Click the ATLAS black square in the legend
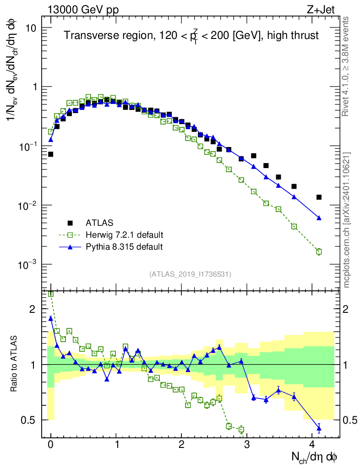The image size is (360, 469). click(71, 223)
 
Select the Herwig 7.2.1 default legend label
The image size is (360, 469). click(124, 235)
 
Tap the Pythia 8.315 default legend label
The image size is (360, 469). click(124, 247)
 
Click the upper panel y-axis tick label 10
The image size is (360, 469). click(30, 28)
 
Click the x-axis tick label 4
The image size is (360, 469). click(313, 444)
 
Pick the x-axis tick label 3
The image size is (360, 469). click(247, 444)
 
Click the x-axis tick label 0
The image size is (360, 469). click(51, 444)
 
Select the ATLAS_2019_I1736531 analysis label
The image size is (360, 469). click(190, 274)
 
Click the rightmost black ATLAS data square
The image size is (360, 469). click(319, 197)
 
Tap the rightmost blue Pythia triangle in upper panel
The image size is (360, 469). click(319, 218)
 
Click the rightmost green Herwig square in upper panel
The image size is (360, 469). click(319, 251)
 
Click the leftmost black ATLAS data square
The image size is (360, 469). click(51, 154)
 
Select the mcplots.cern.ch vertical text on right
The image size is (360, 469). click(347, 220)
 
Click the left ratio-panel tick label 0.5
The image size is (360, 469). click(33, 420)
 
